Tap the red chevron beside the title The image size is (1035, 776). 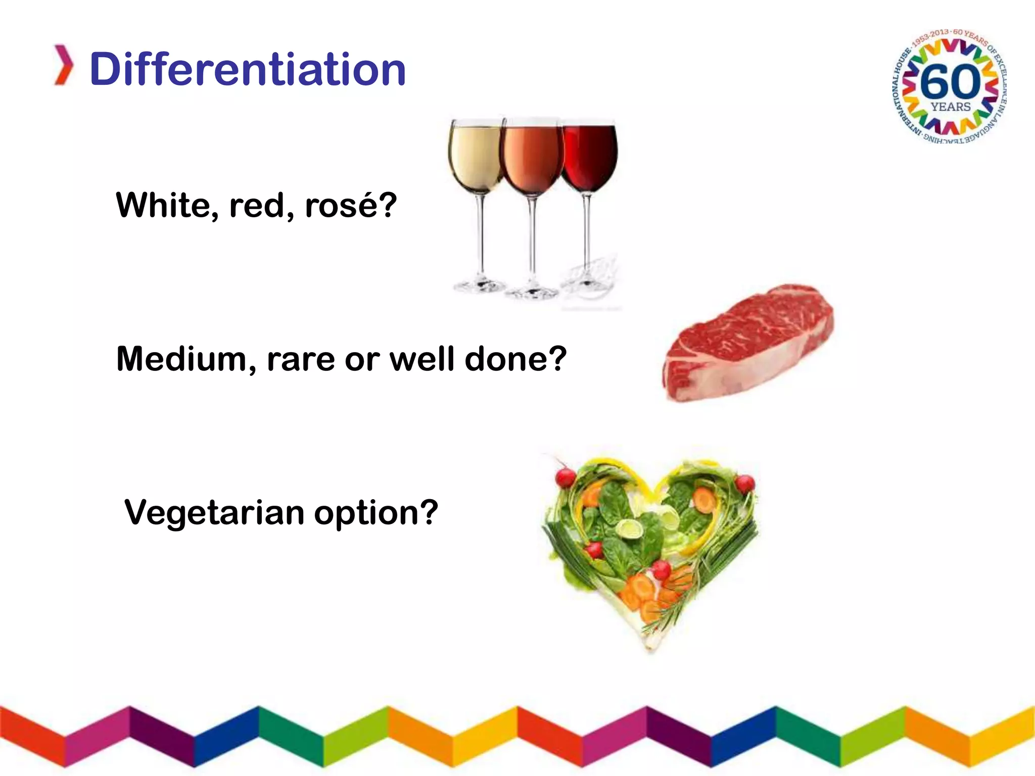click(x=64, y=65)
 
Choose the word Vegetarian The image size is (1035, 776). click(x=214, y=512)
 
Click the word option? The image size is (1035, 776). click(x=376, y=513)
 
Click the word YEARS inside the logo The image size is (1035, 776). click(x=951, y=107)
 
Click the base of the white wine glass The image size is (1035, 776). click(x=479, y=286)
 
